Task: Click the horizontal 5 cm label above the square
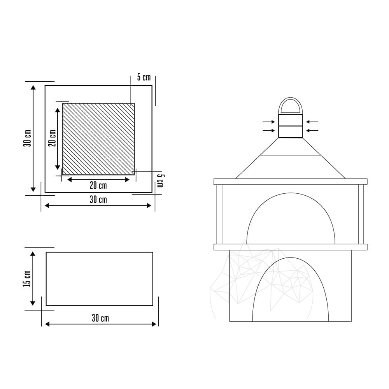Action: point(144,77)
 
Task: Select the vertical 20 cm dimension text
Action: point(53,138)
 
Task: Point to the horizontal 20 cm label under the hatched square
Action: point(98,185)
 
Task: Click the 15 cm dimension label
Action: point(27,279)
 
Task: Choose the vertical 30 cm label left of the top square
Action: point(27,138)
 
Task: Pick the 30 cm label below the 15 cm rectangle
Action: point(100,318)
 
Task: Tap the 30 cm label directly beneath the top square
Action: point(98,200)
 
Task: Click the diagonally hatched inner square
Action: point(98,139)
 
